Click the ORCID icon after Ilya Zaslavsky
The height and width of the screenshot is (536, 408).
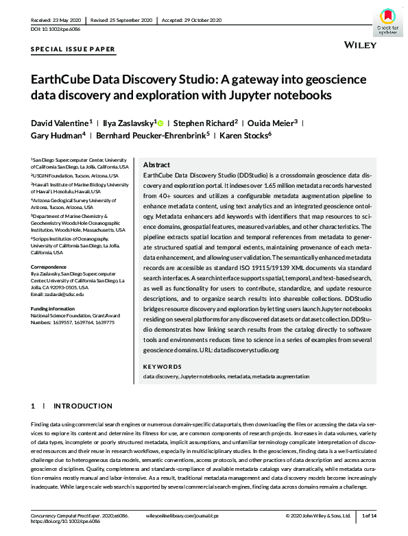pyautogui.click(x=161, y=123)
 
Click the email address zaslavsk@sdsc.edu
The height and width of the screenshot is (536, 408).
pyautogui.click(x=58, y=294)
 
